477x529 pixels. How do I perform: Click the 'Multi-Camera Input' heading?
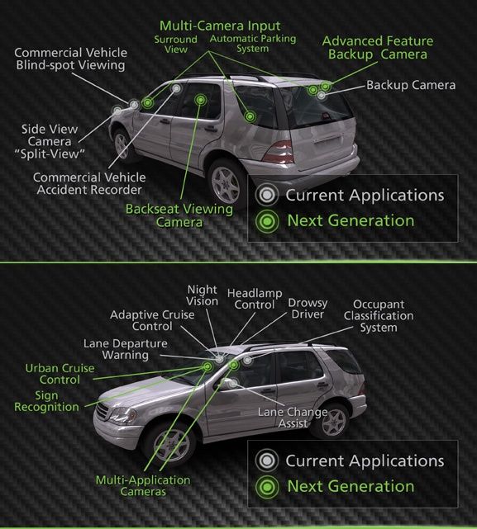220,26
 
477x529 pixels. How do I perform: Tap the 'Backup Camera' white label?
411,85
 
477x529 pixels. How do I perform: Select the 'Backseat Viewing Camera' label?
179,215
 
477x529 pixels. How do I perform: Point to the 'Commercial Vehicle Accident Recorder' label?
89,183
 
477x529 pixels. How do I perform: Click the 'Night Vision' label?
203,295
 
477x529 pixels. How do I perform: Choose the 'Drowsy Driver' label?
308,309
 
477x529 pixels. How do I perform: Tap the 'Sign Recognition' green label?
46,401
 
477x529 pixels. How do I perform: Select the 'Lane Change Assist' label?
293,418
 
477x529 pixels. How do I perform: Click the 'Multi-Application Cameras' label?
143,486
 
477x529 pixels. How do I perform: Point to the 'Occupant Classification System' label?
379,316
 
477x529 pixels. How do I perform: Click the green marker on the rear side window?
250,116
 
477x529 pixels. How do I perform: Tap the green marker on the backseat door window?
200,100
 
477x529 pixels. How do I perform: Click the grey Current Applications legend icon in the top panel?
267,195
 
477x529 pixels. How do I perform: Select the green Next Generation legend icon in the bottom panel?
267,487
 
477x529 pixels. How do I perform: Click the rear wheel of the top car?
226,185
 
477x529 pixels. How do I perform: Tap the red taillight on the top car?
279,152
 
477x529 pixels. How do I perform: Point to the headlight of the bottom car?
121,414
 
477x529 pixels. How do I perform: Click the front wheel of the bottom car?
171,446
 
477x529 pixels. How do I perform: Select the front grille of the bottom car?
102,412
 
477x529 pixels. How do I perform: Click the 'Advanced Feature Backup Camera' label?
378,48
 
